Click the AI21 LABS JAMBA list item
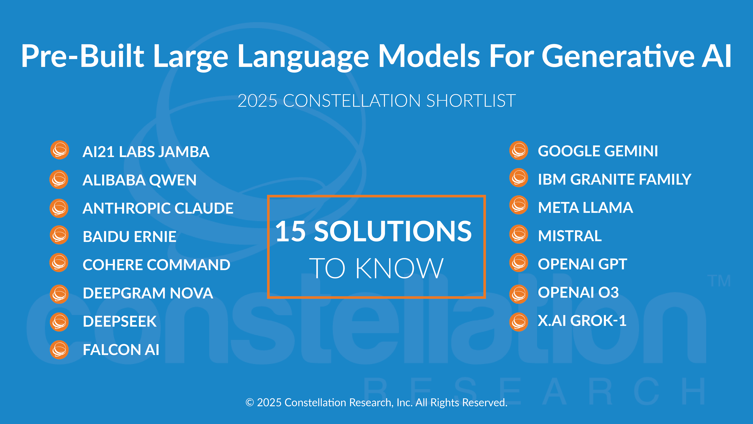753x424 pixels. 146,152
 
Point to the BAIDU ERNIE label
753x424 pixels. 130,237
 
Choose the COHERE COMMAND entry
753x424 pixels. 156,265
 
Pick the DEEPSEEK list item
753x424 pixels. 120,321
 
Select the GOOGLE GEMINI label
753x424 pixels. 598,151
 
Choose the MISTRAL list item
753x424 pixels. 570,236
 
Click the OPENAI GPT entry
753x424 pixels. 582,264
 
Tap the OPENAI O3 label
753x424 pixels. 578,292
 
